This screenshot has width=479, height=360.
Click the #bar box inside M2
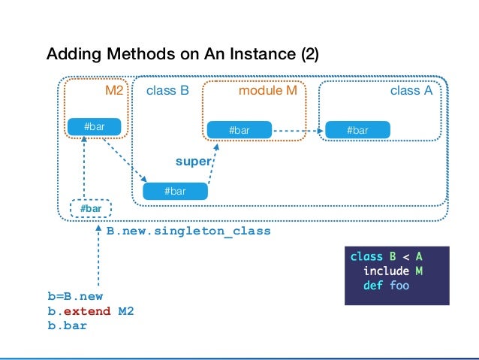point(94,126)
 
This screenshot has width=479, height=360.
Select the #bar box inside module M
point(239,130)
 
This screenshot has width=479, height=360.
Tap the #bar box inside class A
point(357,130)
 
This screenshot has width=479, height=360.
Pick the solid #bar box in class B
point(175,191)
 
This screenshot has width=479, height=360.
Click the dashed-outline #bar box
point(91,209)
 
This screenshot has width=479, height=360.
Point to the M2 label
point(114,90)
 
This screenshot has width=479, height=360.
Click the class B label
point(167,90)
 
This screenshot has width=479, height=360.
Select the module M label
point(267,90)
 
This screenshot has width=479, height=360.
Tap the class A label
point(411,90)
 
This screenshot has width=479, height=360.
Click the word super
point(194,162)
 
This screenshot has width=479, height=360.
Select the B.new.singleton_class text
point(188,231)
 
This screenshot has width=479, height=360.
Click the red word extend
point(87,311)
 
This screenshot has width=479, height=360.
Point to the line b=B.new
point(76,296)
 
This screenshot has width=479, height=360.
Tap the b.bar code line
point(68,325)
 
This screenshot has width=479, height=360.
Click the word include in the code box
point(386,271)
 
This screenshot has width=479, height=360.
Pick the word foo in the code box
point(399,286)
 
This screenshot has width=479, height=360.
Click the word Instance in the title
point(263,54)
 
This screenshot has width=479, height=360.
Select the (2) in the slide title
point(310,54)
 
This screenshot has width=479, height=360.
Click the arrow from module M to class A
point(298,131)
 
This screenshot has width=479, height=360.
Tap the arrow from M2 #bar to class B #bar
point(125,160)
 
